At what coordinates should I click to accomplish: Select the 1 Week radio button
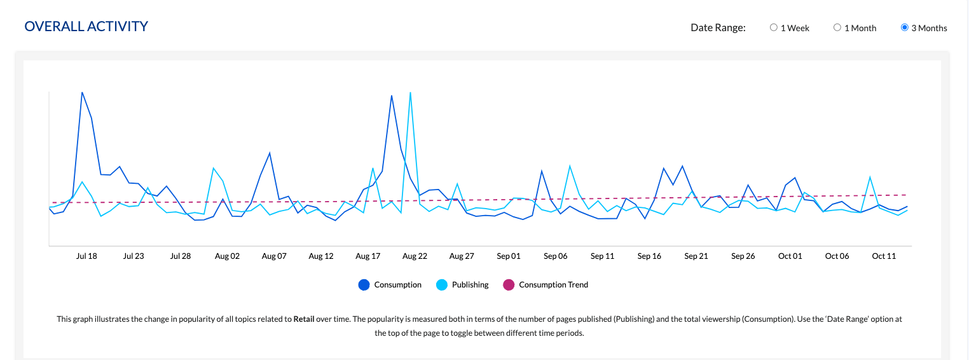[x=773, y=27]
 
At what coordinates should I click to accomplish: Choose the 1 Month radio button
[x=837, y=27]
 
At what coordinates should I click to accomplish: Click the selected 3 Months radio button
[x=905, y=27]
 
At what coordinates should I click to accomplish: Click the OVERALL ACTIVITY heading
[x=86, y=27]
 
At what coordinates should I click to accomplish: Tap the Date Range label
[x=718, y=27]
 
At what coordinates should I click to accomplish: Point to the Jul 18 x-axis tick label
[x=86, y=256]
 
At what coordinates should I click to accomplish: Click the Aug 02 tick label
[x=227, y=256]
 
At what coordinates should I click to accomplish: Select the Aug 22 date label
[x=415, y=256]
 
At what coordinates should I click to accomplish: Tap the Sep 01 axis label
[x=509, y=256]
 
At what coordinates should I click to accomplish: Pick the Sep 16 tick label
[x=649, y=256]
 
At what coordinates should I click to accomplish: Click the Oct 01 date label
[x=790, y=256]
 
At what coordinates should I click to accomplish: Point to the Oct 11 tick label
[x=884, y=256]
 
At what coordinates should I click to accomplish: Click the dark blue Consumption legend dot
[x=364, y=285]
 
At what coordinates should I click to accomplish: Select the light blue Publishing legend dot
[x=442, y=285]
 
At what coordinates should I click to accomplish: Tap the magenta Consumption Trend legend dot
[x=509, y=285]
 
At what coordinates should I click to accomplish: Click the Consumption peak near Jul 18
[x=83, y=93]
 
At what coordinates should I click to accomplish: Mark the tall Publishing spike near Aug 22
[x=411, y=93]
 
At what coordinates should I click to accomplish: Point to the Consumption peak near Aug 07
[x=270, y=153]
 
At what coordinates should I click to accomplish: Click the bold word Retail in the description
[x=305, y=319]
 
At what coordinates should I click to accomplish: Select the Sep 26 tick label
[x=743, y=256]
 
